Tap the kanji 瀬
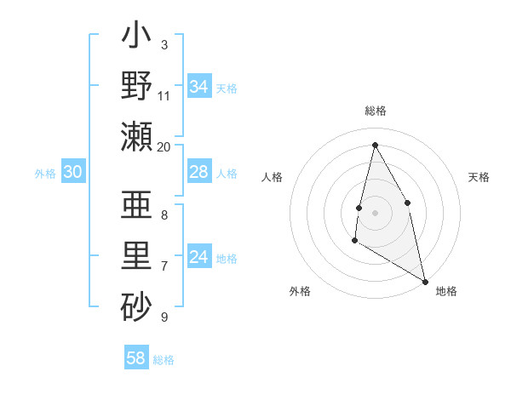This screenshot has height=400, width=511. coord(137,135)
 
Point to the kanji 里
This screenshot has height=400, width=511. coord(137,254)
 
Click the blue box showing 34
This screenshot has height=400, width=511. coord(199,86)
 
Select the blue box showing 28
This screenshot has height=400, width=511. coord(199,172)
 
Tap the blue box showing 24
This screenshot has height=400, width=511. coord(199,257)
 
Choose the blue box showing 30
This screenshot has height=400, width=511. coord(73,172)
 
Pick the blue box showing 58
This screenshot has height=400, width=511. coord(136,357)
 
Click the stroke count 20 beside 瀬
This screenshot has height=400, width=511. coord(164,146)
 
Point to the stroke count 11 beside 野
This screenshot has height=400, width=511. coord(164,95)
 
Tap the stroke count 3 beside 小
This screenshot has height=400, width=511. coord(164,44)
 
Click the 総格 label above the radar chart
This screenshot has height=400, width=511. coord(375,111)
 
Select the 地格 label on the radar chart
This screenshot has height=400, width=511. coord(446,291)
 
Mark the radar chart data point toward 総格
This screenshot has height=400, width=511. coord(375,145)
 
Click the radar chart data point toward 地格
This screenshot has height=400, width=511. coord(425,282)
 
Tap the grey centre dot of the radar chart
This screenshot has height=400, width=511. coord(375,213)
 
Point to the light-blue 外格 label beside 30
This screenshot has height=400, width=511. coord(45,173)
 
